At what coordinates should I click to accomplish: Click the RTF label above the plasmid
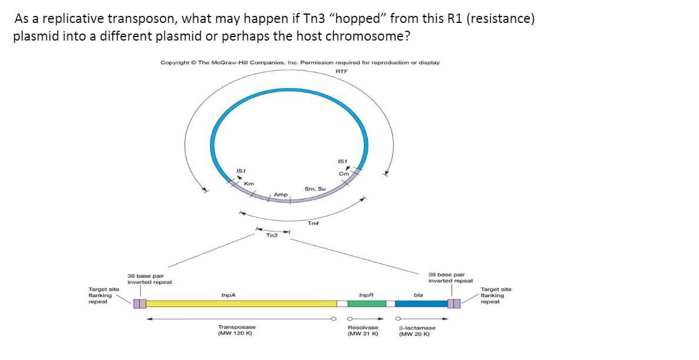tap(341, 71)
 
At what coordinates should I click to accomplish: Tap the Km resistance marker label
tap(249, 184)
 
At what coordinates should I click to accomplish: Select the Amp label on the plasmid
tap(281, 194)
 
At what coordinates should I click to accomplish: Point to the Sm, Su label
tap(315, 188)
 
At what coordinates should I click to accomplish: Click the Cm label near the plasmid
tap(344, 174)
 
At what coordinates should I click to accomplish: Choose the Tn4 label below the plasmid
tap(314, 223)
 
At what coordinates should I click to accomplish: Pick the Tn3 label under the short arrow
tap(272, 235)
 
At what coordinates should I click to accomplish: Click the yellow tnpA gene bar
tap(241, 304)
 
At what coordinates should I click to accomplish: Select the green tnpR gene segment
tap(366, 304)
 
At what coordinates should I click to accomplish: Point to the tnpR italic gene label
tap(366, 294)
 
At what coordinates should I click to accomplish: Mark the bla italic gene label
tap(418, 294)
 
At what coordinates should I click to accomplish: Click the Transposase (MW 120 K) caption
tap(237, 330)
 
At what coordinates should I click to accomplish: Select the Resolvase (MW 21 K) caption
tap(363, 331)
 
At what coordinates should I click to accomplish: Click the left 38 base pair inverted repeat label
tap(150, 279)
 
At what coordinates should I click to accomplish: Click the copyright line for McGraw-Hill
tap(299, 62)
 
